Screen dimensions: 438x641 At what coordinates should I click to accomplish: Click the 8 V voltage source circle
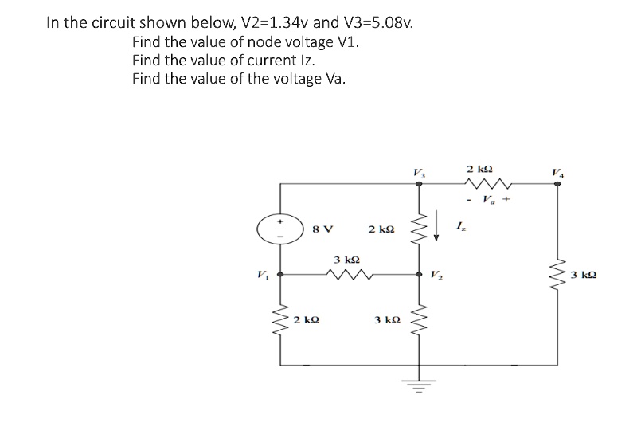click(279, 229)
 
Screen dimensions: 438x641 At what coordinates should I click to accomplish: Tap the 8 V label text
click(323, 229)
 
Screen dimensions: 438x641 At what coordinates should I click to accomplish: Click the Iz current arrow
click(438, 225)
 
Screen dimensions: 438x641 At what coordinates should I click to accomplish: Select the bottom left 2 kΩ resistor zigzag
click(280, 322)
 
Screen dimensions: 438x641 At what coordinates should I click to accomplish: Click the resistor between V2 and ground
click(419, 321)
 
